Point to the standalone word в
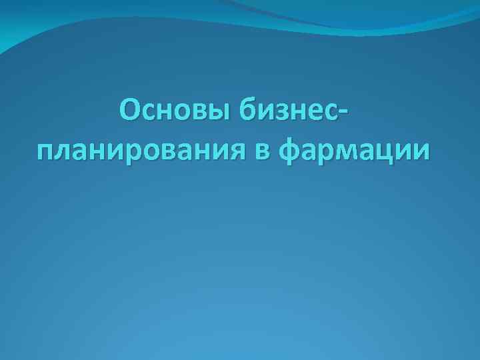(x=262, y=151)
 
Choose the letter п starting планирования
(x=47, y=153)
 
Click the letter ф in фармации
(x=291, y=152)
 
